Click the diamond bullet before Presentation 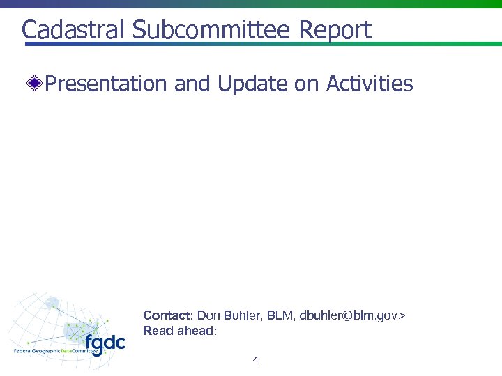[x=35, y=85]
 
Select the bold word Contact [x=165, y=315]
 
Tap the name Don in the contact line [x=208, y=315]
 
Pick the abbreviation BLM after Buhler [x=282, y=315]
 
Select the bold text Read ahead [x=178, y=331]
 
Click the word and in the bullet [x=192, y=84]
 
